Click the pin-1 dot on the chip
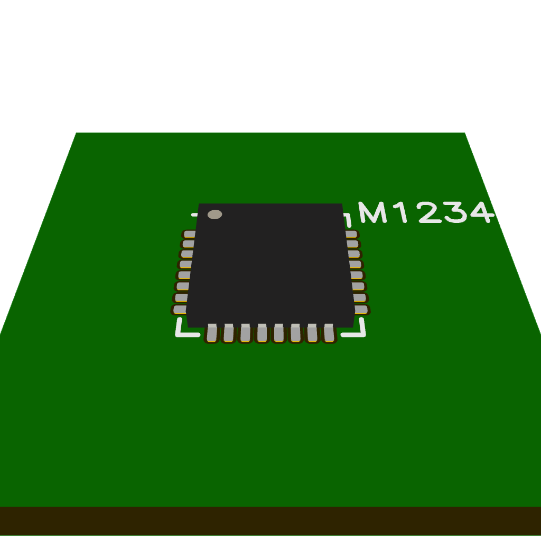[214, 214]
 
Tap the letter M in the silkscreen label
[372, 212]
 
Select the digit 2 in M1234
[429, 212]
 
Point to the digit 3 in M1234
[456, 212]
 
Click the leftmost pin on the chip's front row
[212, 333]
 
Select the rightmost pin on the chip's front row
[329, 333]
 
